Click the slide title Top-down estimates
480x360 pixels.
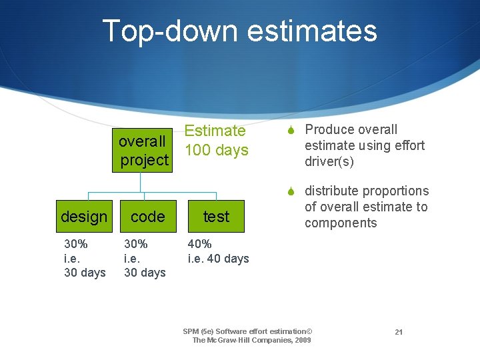(x=239, y=31)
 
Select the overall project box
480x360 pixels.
(x=143, y=151)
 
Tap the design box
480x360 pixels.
(x=84, y=217)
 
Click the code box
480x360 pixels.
(x=147, y=217)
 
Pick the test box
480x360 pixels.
(x=216, y=217)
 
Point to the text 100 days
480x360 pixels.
(x=217, y=150)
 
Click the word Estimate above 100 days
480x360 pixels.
(x=215, y=131)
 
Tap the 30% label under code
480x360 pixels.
(x=135, y=244)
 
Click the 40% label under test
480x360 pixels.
(x=200, y=244)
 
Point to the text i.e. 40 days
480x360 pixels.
(x=219, y=259)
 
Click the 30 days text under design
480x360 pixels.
(x=85, y=273)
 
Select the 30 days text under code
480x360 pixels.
(x=145, y=273)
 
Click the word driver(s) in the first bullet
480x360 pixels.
(x=329, y=162)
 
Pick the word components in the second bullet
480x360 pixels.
(x=341, y=223)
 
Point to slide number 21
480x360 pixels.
(x=399, y=332)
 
